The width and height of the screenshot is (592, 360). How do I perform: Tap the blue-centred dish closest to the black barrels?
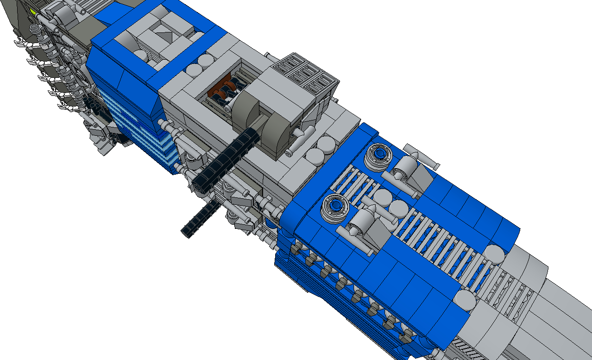tap(335, 207)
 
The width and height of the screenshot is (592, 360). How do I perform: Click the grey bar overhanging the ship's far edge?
tap(421, 156)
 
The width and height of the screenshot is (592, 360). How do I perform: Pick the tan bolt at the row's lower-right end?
tap(408, 336)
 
